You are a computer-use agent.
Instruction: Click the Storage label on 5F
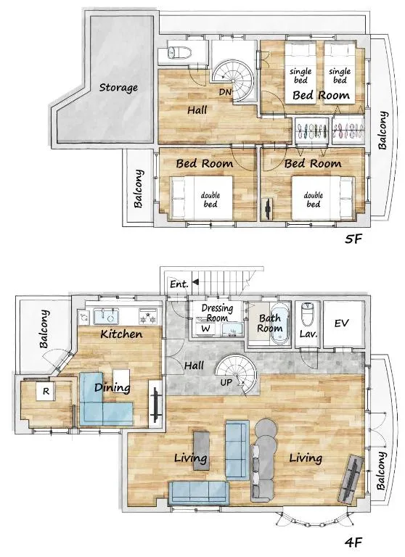(x=118, y=87)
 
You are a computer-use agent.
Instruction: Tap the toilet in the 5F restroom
(x=179, y=53)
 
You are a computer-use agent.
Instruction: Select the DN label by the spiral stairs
(x=225, y=92)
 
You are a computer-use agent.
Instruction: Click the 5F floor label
(x=353, y=239)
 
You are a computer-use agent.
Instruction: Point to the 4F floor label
(x=353, y=542)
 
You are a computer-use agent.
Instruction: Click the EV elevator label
(x=341, y=323)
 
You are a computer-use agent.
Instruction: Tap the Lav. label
(x=308, y=334)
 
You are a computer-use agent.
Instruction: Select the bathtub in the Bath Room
(x=280, y=323)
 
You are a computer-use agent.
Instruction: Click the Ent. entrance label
(x=179, y=284)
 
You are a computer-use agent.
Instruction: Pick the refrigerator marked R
(x=46, y=391)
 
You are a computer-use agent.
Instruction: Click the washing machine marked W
(x=205, y=329)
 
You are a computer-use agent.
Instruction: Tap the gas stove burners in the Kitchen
(x=149, y=315)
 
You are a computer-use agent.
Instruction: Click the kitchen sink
(x=106, y=316)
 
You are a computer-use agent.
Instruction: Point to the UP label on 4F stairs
(x=226, y=382)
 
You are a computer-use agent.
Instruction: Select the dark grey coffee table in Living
(x=201, y=450)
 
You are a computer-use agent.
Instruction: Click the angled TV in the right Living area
(x=352, y=479)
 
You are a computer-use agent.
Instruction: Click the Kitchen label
(x=121, y=334)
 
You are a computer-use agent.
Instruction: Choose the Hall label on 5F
(x=197, y=110)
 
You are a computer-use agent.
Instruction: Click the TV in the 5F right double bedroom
(x=267, y=209)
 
